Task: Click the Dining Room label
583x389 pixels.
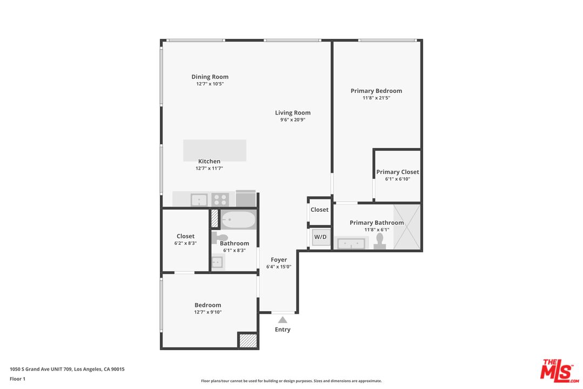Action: pos(210,77)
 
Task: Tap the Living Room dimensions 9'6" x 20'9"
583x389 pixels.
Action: pos(293,120)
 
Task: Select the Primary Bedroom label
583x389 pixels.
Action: pos(376,91)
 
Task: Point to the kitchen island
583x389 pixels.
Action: pos(214,150)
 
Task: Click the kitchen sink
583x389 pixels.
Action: pos(199,200)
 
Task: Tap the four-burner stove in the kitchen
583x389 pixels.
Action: pos(220,200)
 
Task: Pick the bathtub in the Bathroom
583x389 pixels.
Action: pos(239,220)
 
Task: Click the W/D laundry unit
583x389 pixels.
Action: pos(321,237)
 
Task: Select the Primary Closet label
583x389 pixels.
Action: pos(397,172)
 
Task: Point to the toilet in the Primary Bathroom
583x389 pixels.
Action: pos(379,241)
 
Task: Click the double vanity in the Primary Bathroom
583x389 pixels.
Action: pos(351,243)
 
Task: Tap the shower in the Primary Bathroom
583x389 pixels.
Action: pos(407,227)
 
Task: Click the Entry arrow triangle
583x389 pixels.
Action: pos(282,320)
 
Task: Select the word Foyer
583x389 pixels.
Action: pos(279,260)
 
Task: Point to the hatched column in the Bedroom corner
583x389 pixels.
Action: pos(248,340)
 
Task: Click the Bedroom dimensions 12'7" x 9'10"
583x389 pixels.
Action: pos(208,312)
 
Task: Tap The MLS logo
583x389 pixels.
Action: pos(560,371)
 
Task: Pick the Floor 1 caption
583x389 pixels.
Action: pos(17,379)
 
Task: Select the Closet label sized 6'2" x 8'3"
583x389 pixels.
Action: pos(186,236)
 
